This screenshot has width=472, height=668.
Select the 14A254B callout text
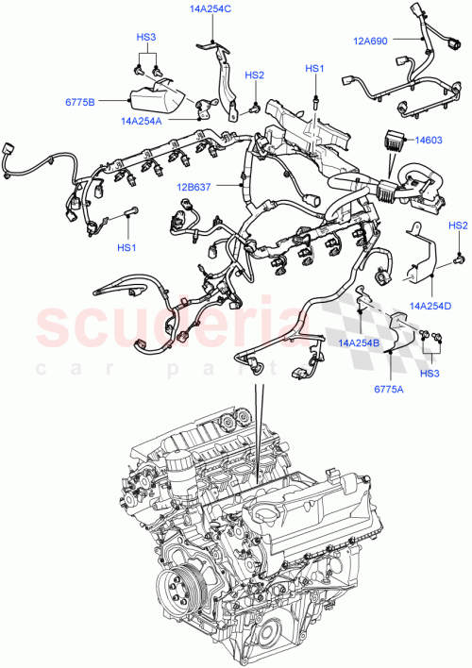(x=360, y=343)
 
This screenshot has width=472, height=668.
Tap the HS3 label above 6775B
(x=145, y=38)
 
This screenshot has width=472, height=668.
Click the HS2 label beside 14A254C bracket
(x=255, y=75)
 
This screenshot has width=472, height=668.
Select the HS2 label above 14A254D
(x=458, y=225)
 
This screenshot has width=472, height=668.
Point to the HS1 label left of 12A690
(x=313, y=69)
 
